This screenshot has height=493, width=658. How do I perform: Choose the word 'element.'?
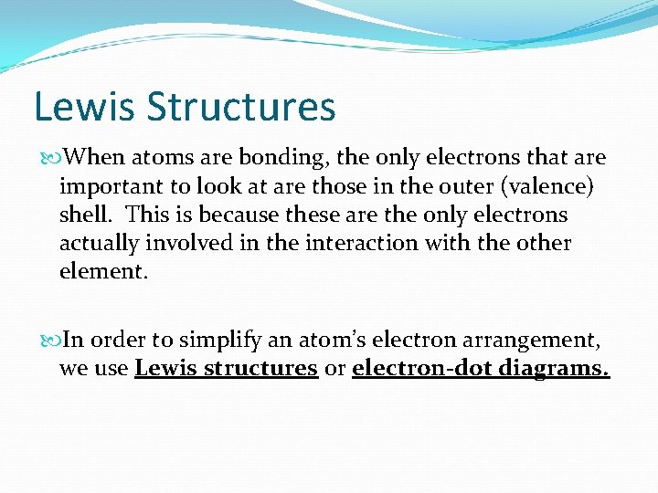(102, 272)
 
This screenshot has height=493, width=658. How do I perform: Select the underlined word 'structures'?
(260, 369)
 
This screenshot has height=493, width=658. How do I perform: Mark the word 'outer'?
(466, 186)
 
